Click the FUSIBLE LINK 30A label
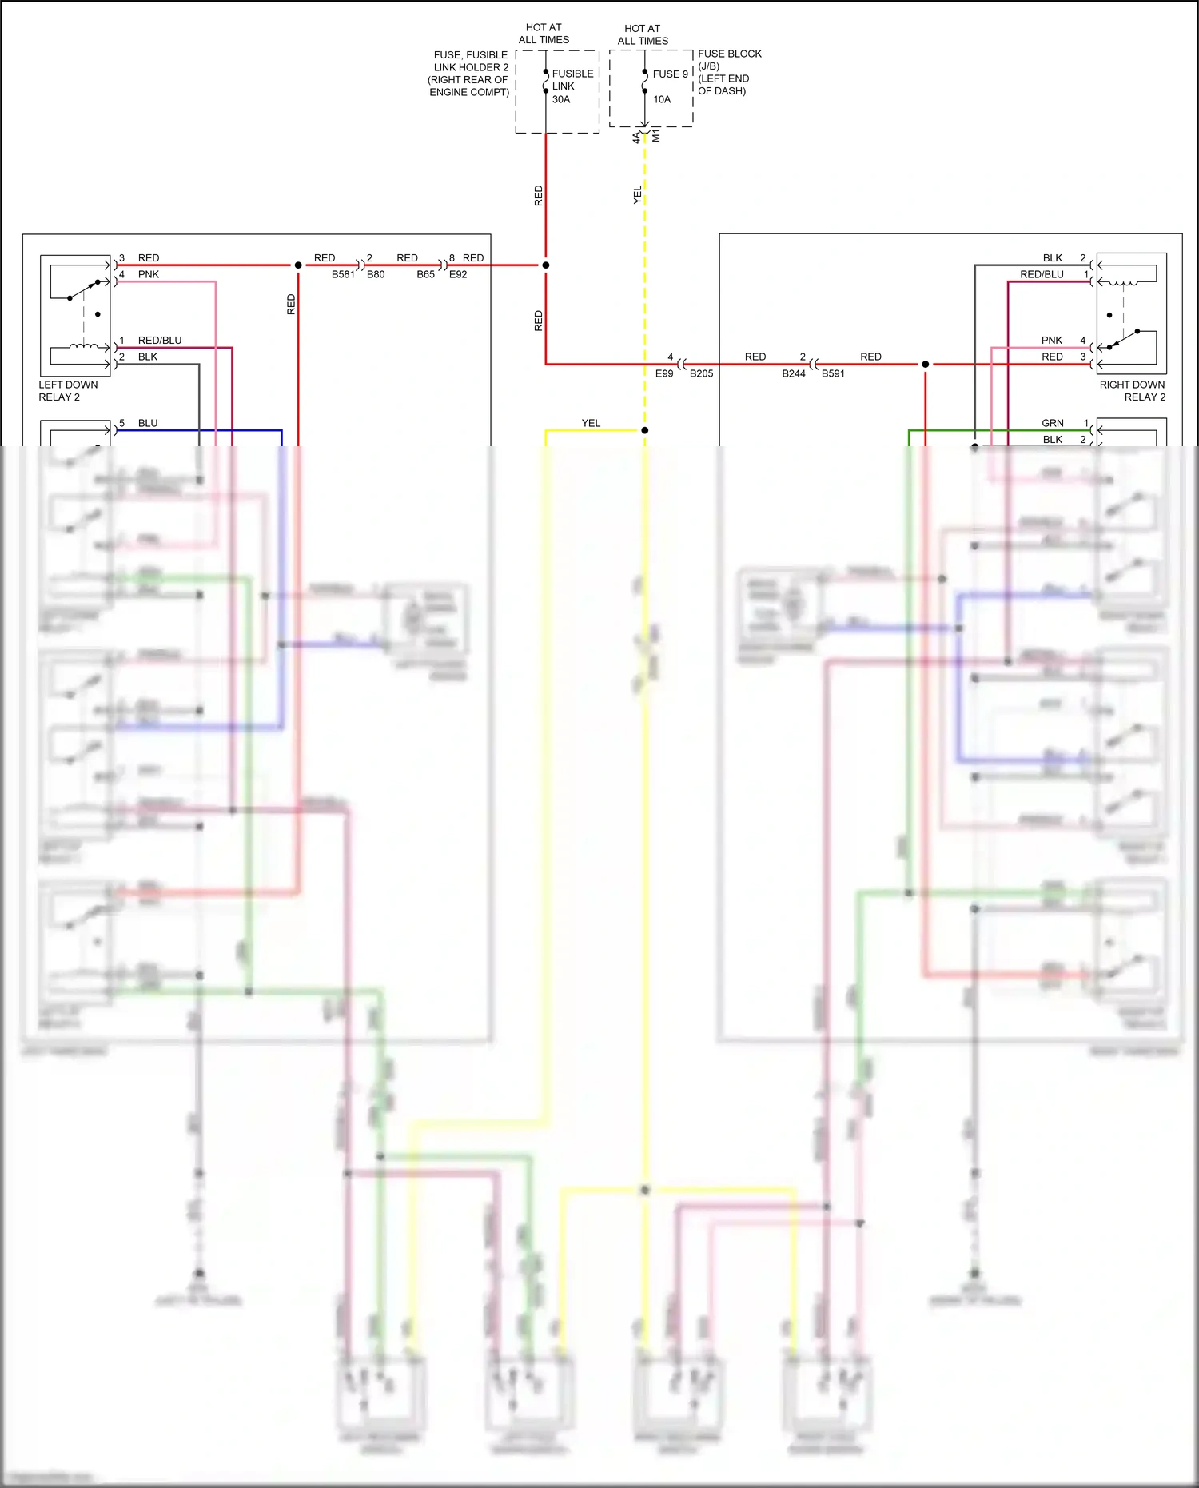click(572, 86)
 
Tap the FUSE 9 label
click(670, 74)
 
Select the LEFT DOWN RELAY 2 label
click(68, 391)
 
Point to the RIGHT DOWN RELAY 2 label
click(1132, 391)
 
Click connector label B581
click(343, 274)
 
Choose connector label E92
click(458, 274)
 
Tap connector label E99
click(664, 373)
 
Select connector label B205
click(701, 373)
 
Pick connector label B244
click(794, 373)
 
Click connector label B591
click(833, 373)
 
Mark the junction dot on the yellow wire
click(645, 430)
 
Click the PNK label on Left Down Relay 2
click(149, 274)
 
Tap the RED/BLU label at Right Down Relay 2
click(1042, 274)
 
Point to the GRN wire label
click(1052, 423)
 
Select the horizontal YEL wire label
click(591, 423)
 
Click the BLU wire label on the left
click(148, 423)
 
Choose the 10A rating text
click(662, 99)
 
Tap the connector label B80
click(376, 274)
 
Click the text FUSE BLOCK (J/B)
click(729, 59)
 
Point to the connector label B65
click(426, 274)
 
